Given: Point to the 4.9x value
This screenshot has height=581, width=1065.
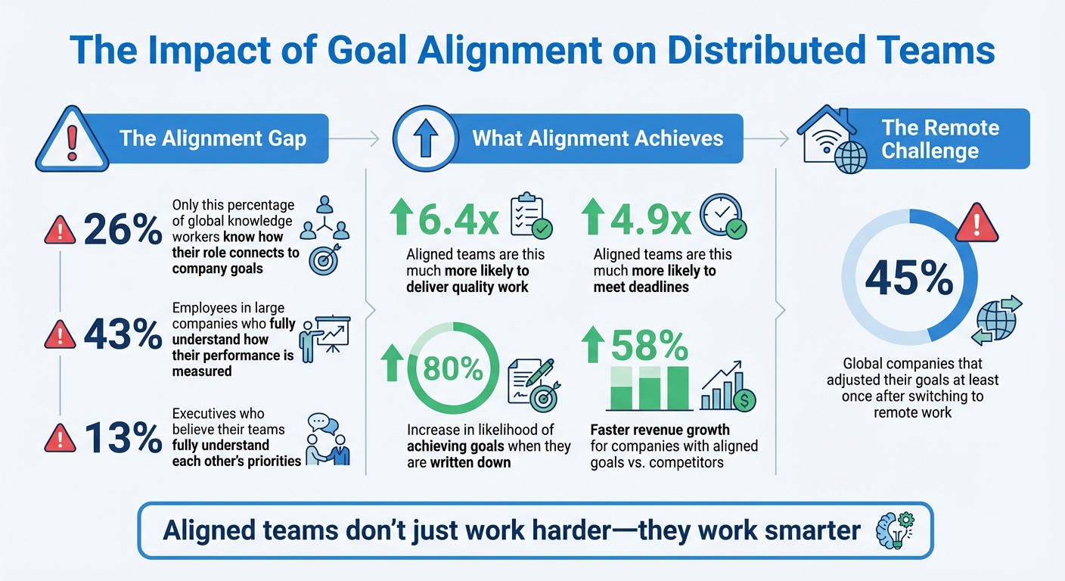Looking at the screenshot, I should point(638,219).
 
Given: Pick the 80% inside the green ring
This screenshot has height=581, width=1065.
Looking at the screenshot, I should point(454,369).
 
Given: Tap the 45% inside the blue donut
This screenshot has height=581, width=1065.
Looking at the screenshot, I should point(908,279).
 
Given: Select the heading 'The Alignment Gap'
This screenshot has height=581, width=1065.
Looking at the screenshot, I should point(213,138).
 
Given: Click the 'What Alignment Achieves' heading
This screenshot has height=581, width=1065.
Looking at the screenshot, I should point(598,138).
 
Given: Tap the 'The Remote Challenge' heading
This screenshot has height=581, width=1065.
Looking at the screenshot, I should point(940,138).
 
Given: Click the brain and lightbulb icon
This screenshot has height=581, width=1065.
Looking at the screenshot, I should point(893,529).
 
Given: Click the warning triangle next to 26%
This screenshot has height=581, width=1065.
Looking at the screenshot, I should point(60,231).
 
